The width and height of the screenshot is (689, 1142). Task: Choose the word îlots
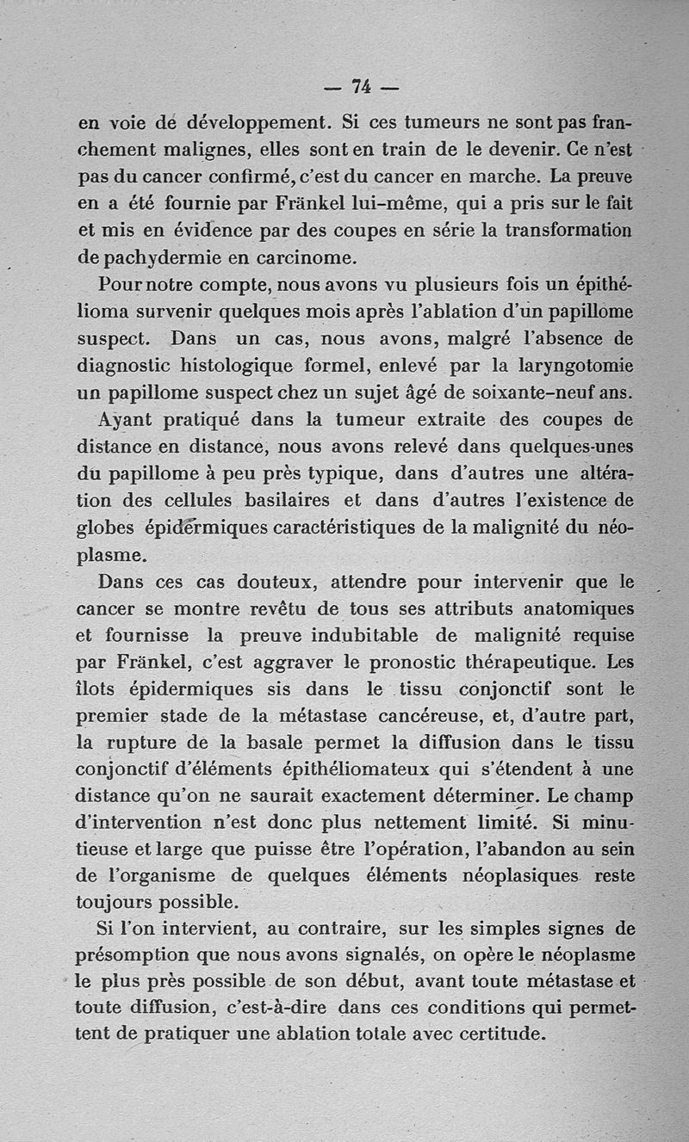(96, 689)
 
